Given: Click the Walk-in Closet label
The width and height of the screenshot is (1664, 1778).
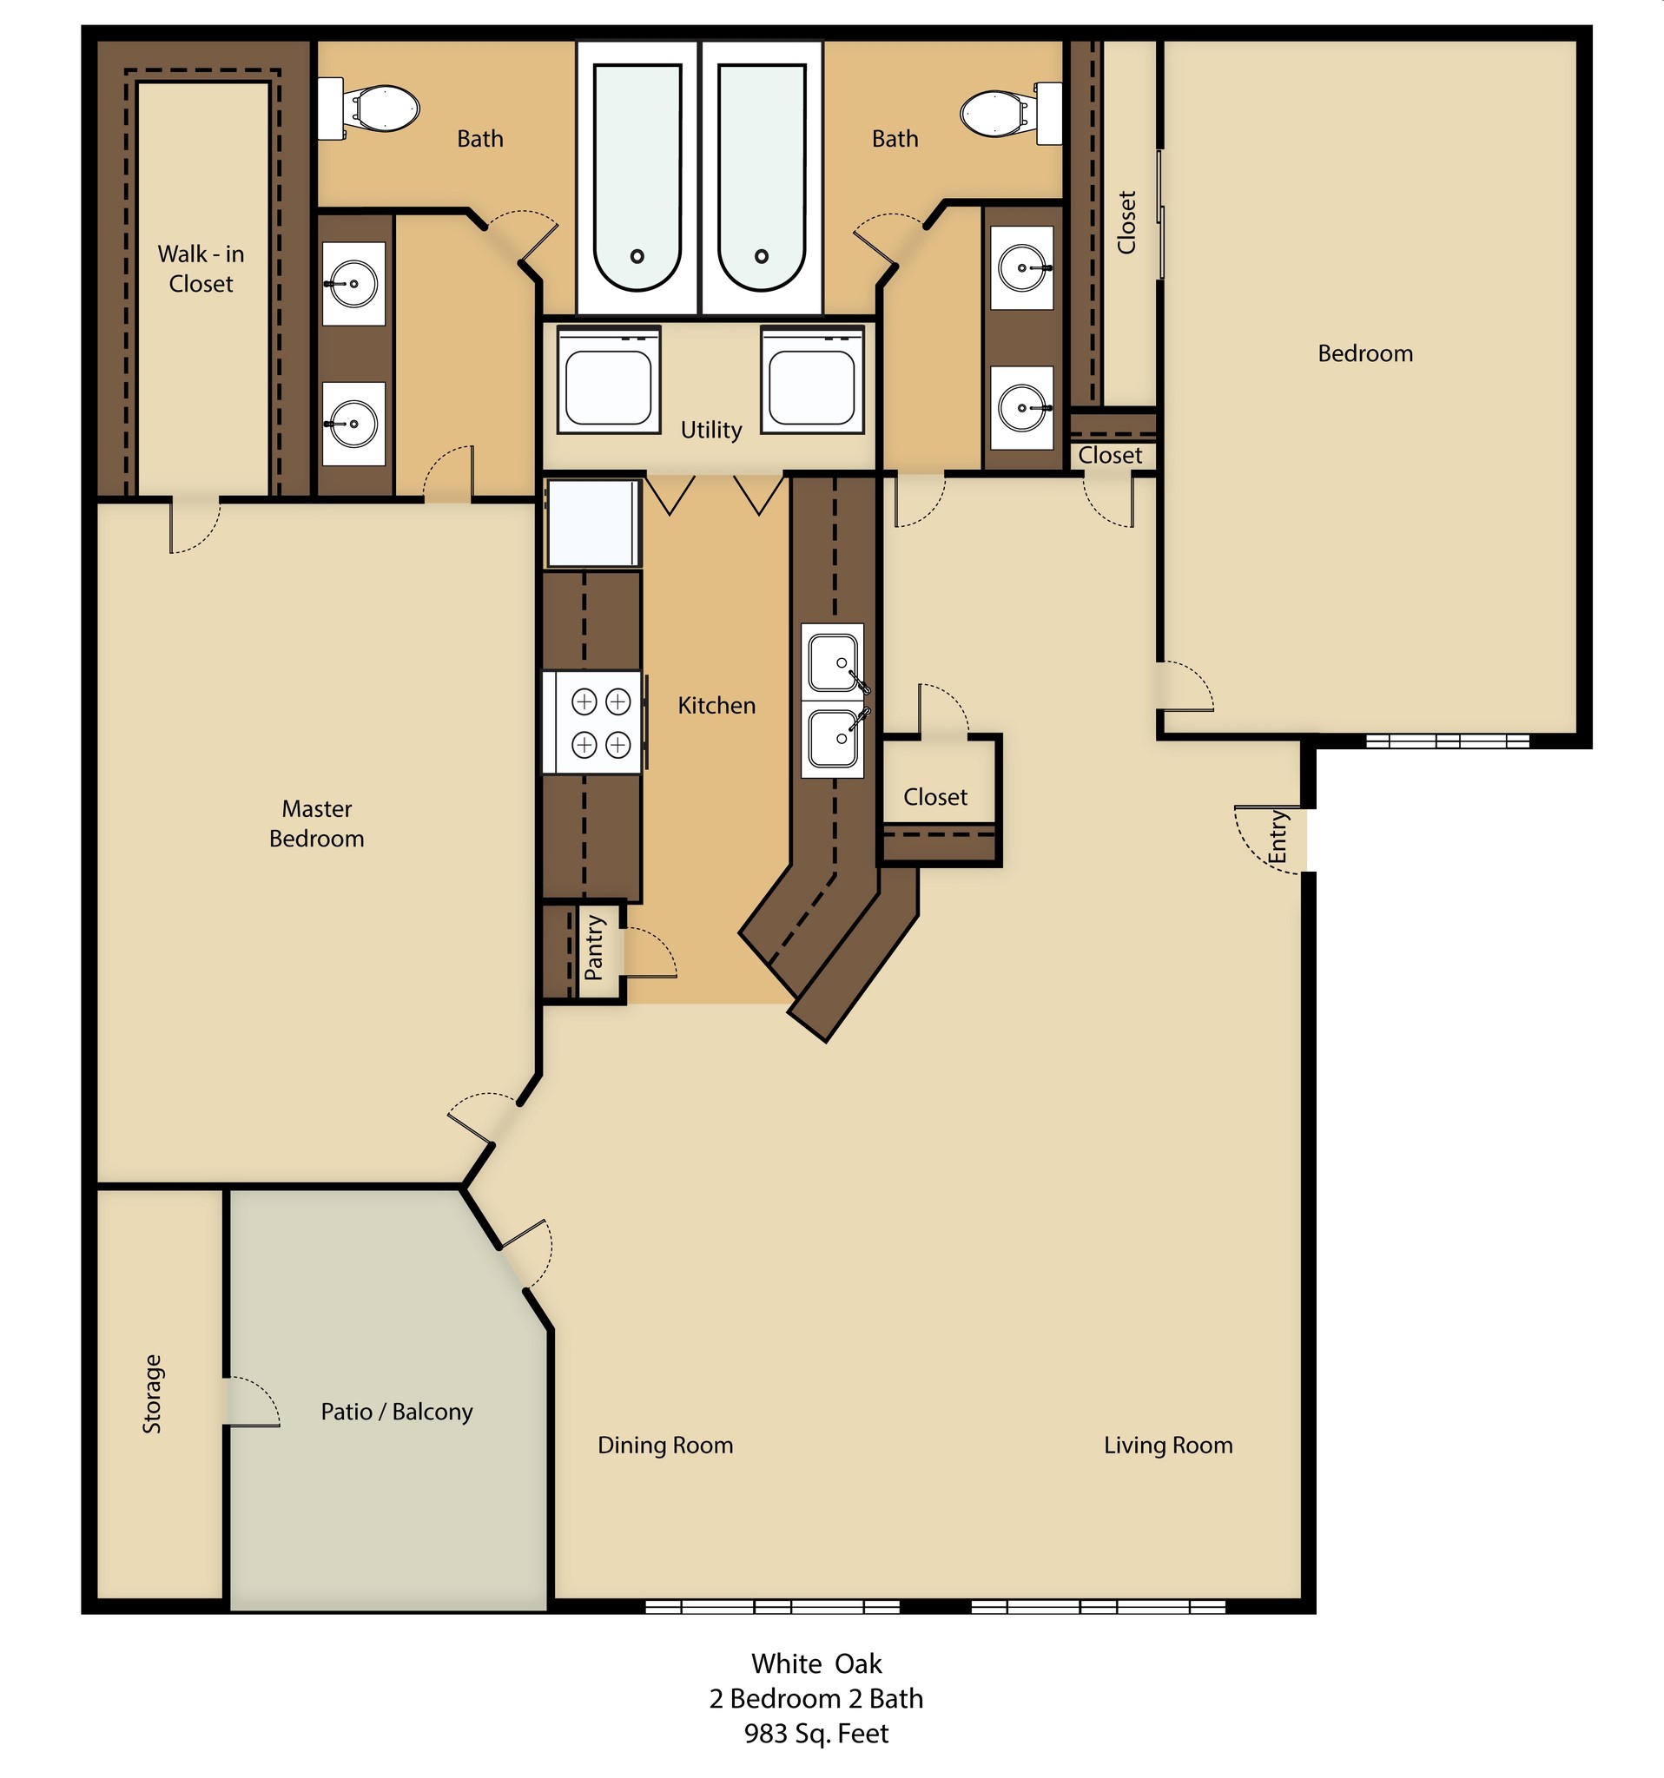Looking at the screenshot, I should (x=201, y=268).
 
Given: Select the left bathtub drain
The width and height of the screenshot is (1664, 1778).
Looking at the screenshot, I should (x=637, y=257).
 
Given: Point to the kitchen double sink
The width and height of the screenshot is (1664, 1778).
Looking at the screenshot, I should (x=834, y=701).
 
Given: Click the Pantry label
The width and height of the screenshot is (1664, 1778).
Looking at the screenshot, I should (x=594, y=948).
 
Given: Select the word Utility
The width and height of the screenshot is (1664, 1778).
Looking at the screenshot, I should (x=711, y=431).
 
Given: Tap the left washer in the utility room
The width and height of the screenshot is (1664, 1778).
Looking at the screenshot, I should (x=608, y=380).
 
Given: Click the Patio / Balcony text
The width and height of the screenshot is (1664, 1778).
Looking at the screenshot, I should (x=396, y=1412).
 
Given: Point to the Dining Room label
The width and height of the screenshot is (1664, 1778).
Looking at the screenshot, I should (x=664, y=1445).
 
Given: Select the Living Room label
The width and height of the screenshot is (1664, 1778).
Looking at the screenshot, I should (x=1167, y=1445).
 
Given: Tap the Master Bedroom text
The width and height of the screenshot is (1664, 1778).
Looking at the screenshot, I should (x=317, y=824).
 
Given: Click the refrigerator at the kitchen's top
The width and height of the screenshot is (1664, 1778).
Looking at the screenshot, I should (x=592, y=524).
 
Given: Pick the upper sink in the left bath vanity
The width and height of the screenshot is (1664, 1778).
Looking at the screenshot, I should (x=353, y=285).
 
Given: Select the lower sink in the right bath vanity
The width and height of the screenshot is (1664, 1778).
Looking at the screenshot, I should (x=1021, y=408).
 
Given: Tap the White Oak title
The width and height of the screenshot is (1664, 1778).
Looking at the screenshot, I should (x=815, y=1663).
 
